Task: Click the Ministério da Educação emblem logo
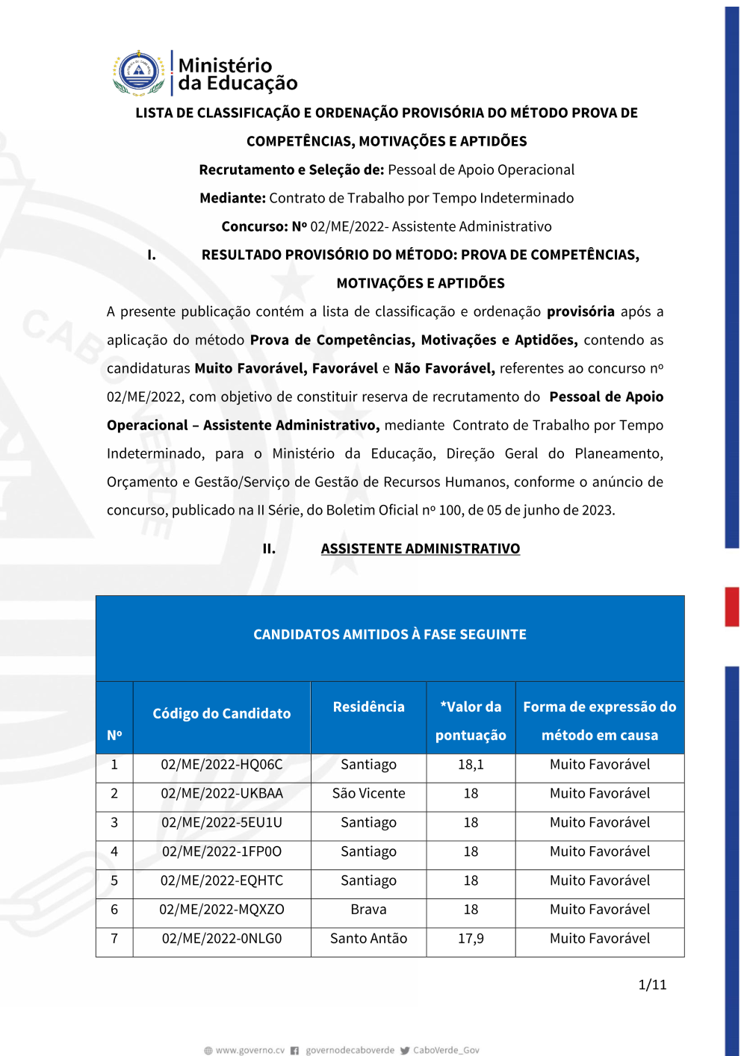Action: point(139,73)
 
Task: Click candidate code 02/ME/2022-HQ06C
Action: point(222,765)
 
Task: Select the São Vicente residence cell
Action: point(368,794)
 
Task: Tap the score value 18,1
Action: point(471,765)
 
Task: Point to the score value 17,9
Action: point(471,939)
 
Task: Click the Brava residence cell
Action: point(368,910)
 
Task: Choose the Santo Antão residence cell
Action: point(368,939)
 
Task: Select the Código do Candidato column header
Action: point(222,714)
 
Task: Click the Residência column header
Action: point(368,707)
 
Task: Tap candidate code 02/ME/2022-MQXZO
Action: point(222,910)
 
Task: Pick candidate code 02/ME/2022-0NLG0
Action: point(222,939)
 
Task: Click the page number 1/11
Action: point(652,985)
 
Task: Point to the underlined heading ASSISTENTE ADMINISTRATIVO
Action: point(421,549)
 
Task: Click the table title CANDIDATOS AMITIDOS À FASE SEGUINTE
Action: point(390,635)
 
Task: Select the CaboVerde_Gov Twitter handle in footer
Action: point(446,1051)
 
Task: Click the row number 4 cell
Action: point(114,852)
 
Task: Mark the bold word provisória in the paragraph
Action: point(580,311)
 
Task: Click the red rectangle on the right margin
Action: point(732,606)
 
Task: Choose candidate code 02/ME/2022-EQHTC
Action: point(222,881)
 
